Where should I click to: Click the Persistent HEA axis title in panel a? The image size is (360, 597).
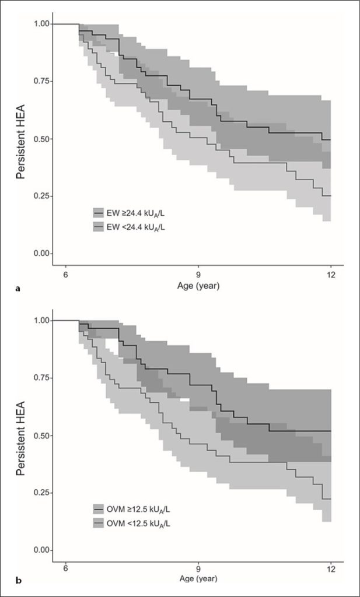[21, 139]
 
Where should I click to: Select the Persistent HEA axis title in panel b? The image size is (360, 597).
[21, 435]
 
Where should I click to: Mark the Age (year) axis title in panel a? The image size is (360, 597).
[198, 286]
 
